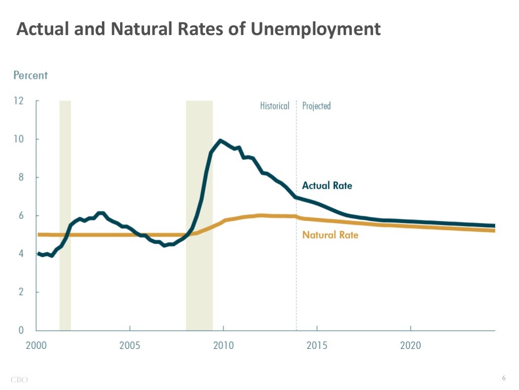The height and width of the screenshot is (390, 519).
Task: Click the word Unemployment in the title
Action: pos(315,29)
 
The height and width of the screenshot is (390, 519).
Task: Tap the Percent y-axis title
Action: pos(30,75)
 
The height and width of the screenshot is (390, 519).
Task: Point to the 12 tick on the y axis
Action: pos(18,101)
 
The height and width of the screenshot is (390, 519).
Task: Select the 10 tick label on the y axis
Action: pos(18,139)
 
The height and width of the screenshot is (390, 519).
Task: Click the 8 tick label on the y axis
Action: pos(21,177)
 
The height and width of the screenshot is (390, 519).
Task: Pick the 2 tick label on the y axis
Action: pos(21,292)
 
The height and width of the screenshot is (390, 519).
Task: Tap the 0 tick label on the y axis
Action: pos(21,330)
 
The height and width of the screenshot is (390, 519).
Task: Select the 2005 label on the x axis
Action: pos(130,346)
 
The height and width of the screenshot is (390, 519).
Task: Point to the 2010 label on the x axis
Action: pos(224,346)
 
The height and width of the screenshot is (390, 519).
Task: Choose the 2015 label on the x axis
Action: pos(317,346)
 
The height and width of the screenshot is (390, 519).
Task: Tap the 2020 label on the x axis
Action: pos(411,346)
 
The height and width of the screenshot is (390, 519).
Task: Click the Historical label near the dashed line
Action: pos(274,106)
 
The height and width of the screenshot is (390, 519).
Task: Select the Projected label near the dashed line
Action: pos(316,106)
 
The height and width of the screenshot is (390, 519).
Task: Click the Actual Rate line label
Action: pos(327,185)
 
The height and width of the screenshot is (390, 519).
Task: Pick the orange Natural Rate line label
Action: pos(330,235)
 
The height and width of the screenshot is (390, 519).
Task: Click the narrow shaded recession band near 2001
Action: pos(65,213)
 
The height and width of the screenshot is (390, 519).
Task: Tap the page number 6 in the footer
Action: pos(504,378)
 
